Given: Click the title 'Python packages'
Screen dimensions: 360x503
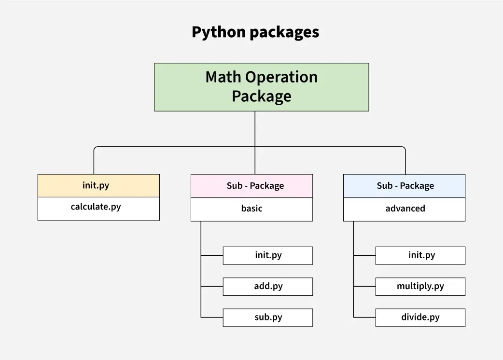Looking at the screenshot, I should coord(255,32).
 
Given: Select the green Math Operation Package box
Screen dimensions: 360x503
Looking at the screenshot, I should coord(261,87).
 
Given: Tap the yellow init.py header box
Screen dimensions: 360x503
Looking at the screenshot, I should coord(98,185).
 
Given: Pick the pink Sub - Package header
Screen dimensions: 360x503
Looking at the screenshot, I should coord(251,186).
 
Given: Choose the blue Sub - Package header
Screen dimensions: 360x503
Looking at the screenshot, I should coord(404,186).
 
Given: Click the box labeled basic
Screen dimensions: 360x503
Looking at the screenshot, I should coord(251,209).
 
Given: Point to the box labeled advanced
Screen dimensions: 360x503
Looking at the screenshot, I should coord(404,209).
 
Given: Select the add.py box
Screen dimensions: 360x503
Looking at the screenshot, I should coord(268,286).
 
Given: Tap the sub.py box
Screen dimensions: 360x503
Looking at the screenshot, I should coord(268,318).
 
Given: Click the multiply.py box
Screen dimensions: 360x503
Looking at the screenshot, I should coord(420,286).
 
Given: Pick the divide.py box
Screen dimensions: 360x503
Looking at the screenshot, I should coord(420,318).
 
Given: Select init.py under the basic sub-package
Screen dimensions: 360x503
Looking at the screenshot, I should coord(268,255).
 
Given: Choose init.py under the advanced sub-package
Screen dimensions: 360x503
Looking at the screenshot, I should coord(420,255).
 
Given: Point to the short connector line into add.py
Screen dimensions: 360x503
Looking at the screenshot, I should coord(212,286).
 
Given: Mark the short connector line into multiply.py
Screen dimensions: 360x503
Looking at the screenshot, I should coord(364,286).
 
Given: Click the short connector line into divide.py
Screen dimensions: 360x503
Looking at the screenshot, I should coord(364,318).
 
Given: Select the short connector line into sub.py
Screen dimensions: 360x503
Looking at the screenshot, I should coord(212,318).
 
